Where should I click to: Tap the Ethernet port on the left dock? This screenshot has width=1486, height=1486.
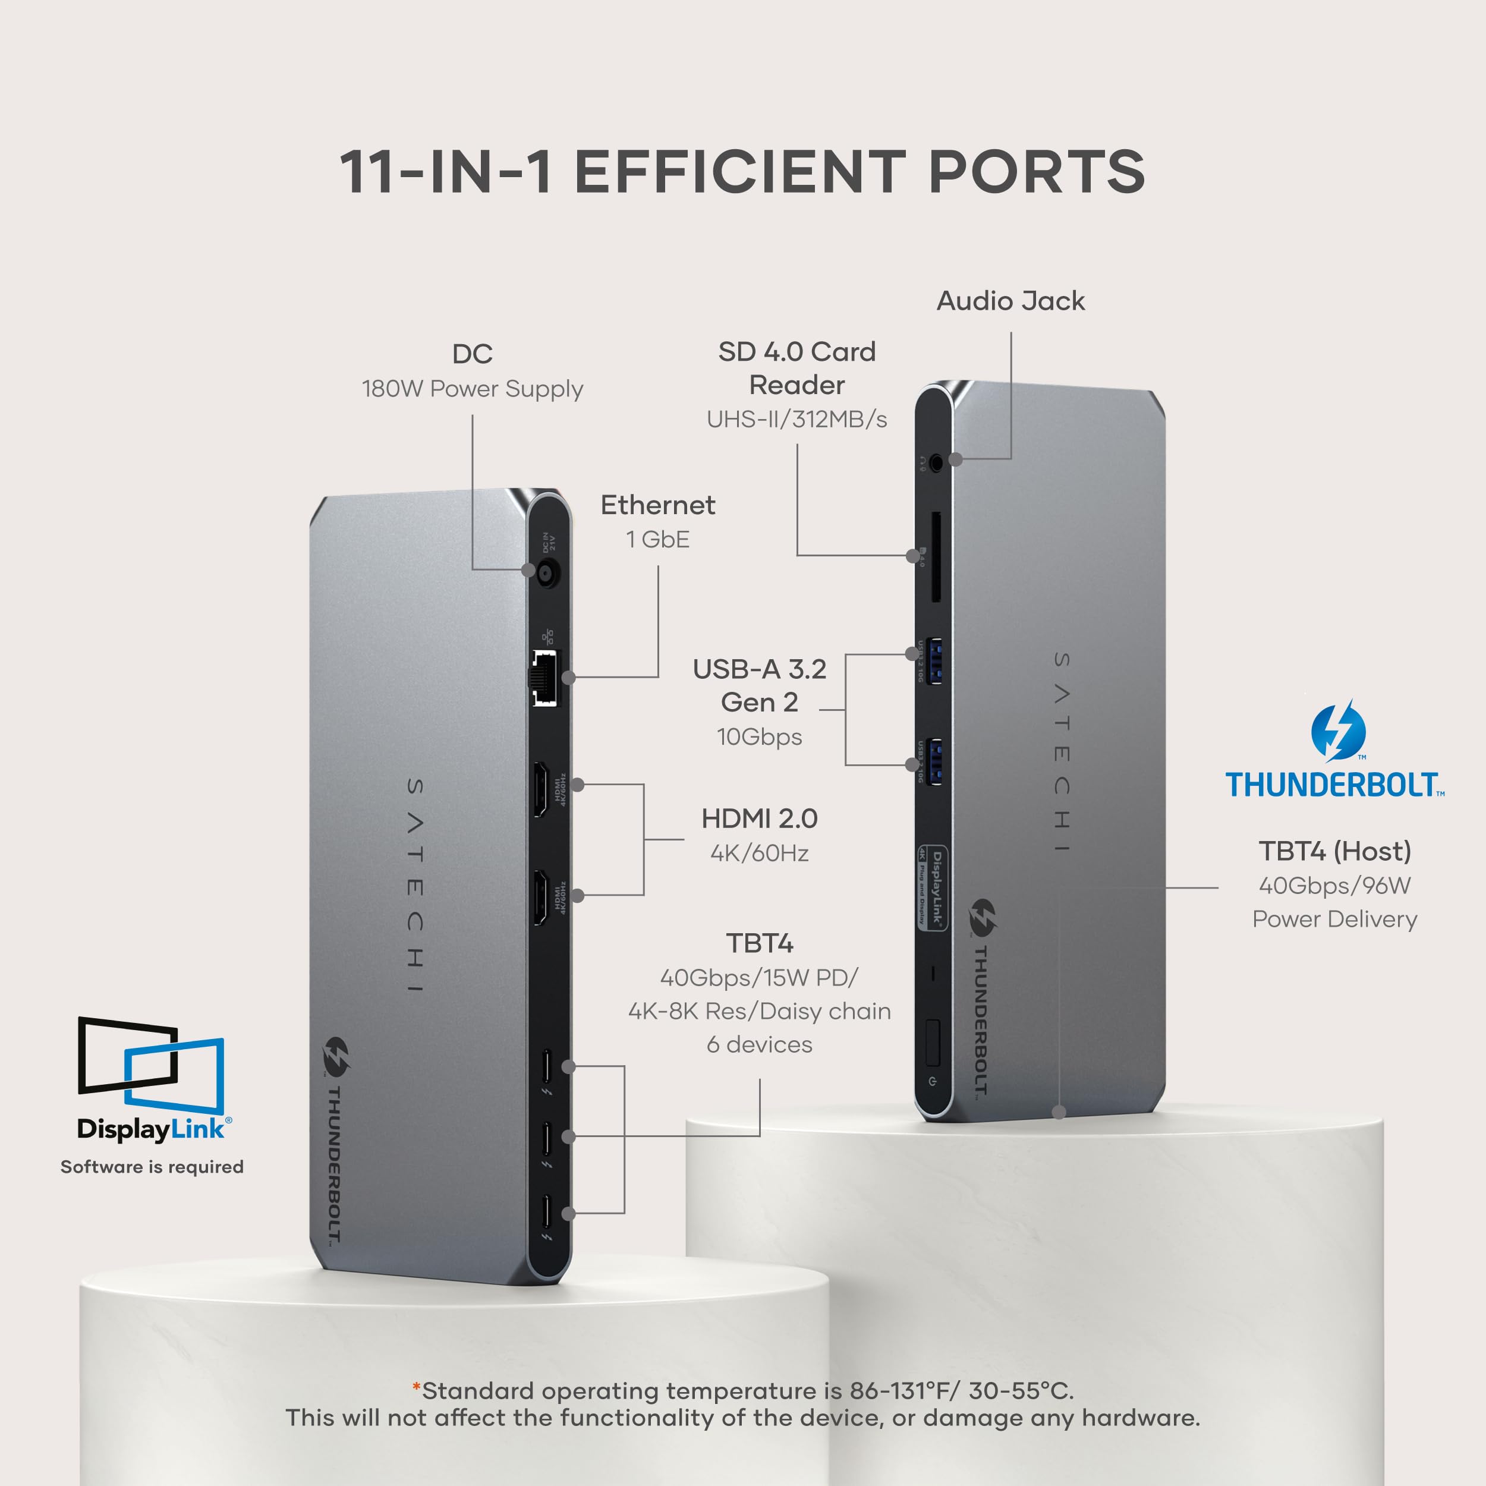(544, 678)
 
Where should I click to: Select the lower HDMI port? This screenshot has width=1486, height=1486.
(541, 897)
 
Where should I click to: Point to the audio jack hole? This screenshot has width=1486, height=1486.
(936, 463)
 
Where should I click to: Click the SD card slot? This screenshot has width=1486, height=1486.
(936, 558)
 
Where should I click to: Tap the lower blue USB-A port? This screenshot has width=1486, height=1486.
(934, 761)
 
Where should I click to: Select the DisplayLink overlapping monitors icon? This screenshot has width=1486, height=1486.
(151, 1064)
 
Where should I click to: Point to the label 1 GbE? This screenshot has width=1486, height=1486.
(657, 540)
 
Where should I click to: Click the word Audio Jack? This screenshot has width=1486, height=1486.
(1010, 301)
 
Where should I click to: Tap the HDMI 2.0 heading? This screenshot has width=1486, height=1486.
(759, 818)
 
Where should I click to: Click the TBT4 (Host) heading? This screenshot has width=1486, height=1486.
(1334, 851)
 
